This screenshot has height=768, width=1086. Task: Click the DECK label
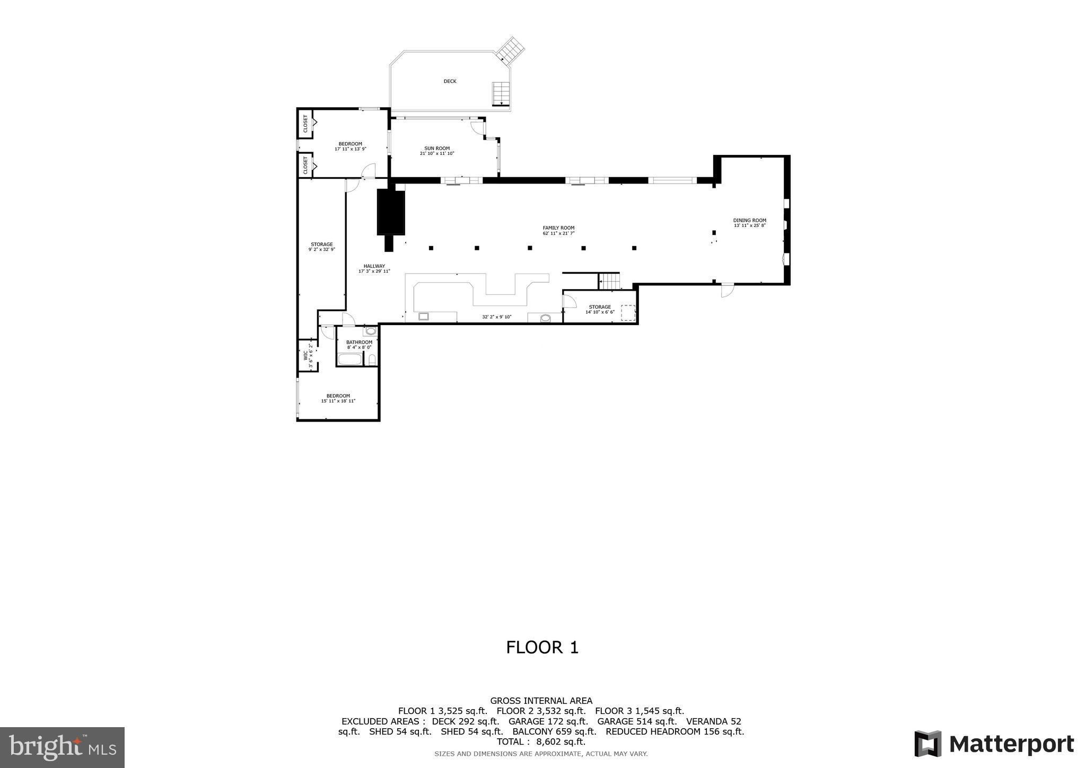tap(450, 81)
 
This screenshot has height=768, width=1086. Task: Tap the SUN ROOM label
tap(437, 149)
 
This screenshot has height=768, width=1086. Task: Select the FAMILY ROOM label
tap(558, 228)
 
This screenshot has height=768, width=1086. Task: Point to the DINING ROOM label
tap(749, 221)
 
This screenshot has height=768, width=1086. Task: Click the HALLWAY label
tap(374, 266)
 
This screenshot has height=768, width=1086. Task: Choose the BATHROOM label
tap(359, 342)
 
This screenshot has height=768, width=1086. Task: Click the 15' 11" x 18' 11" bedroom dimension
tap(338, 401)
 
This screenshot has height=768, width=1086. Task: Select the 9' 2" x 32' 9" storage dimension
tap(321, 249)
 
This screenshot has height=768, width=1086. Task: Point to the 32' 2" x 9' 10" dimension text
tap(496, 317)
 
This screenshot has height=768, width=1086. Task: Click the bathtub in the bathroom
tap(349, 360)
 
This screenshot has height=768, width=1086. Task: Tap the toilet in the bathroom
tap(372, 359)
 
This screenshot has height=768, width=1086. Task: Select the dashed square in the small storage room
tap(628, 312)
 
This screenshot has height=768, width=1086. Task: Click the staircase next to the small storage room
tap(609, 281)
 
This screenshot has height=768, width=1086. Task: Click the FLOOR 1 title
tap(542, 648)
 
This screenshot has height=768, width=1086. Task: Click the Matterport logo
tap(994, 744)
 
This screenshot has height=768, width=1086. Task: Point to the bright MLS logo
tap(62, 747)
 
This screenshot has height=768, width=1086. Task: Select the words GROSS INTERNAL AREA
tap(541, 701)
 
